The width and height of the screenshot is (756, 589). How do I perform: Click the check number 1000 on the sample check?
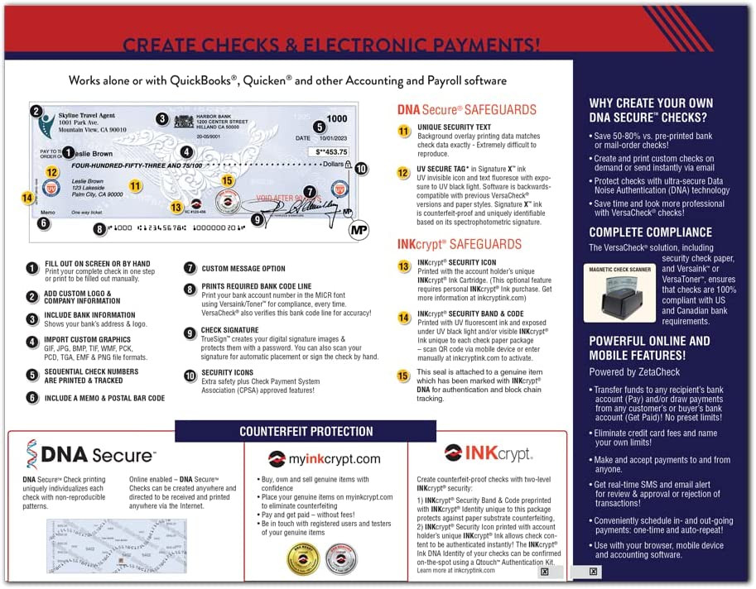pyautogui.click(x=337, y=118)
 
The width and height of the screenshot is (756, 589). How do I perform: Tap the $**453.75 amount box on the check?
pyautogui.click(x=330, y=152)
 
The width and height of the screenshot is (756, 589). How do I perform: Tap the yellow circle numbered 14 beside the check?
pyautogui.click(x=27, y=198)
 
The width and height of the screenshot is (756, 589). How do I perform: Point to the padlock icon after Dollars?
pyautogui.click(x=349, y=164)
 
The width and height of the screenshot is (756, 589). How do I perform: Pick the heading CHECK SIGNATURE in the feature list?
pyautogui.click(x=229, y=330)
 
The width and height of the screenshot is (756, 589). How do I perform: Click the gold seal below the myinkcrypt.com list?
pyautogui.click(x=303, y=558)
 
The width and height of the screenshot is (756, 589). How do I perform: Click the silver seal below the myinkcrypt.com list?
pyautogui.click(x=339, y=558)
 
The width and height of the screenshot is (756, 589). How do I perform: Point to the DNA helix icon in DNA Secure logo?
pyautogui.click(x=31, y=455)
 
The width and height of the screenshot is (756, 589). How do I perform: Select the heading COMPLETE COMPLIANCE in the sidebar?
pyautogui.click(x=650, y=232)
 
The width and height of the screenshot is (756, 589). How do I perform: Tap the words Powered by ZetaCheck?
pyautogui.click(x=635, y=372)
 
